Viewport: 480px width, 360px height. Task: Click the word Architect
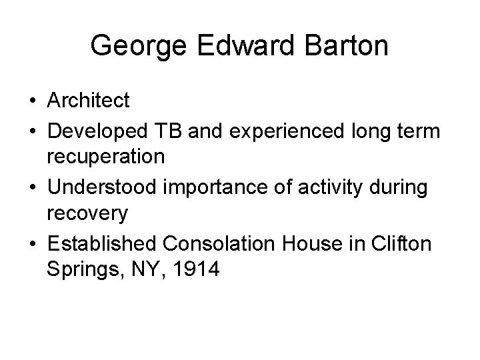[x=88, y=101]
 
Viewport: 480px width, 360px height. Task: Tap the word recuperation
[x=106, y=157]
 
